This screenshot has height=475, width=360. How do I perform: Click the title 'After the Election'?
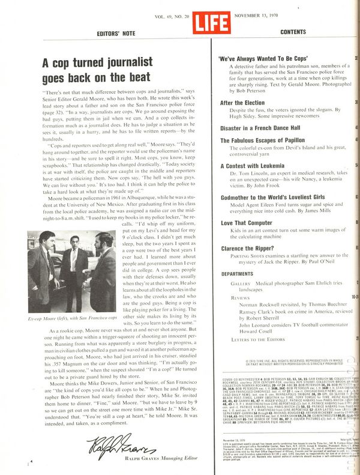coord(243,103)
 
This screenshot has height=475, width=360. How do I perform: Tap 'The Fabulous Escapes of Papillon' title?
coord(262,140)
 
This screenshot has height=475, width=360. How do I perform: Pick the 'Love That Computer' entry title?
coord(247,222)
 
